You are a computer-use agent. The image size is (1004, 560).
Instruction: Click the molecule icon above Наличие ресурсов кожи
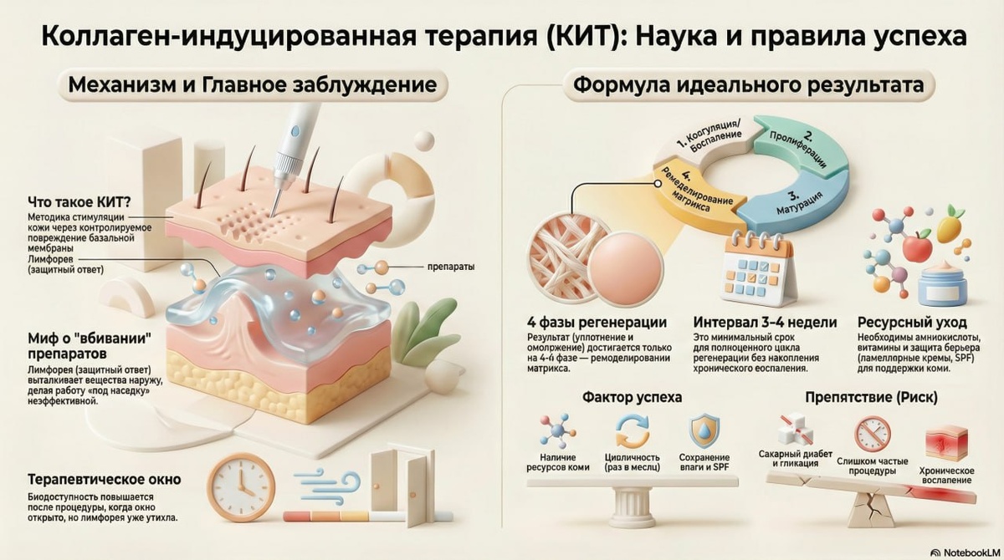(554, 432)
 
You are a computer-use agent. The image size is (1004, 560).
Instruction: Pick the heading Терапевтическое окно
(105, 481)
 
